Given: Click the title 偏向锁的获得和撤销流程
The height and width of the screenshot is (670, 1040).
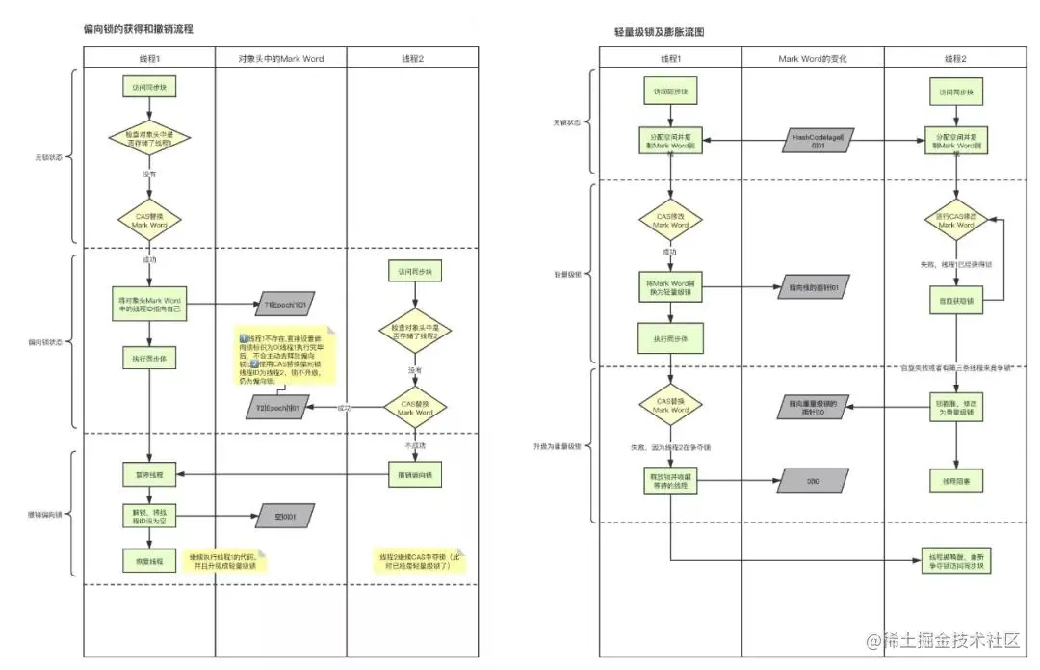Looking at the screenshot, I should coord(138,30).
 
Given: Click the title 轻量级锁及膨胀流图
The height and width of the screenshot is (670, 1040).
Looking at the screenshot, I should coord(660,32).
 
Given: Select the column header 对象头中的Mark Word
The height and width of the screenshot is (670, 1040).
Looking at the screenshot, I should coord(281,59).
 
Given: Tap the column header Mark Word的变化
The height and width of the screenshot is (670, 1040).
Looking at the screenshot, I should coord(813,59).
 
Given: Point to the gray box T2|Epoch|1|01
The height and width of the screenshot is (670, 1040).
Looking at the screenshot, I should coord(278,409).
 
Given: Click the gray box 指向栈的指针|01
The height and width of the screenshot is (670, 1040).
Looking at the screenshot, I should coord(814,287).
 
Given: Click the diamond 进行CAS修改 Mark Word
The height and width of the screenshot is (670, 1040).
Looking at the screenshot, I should coord(955,219).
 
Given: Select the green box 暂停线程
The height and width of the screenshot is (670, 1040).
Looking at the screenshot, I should coord(149,474).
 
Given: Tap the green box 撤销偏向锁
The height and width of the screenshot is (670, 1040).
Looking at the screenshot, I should coord(414,474).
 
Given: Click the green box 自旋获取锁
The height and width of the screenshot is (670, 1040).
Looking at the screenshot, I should coord(955,301).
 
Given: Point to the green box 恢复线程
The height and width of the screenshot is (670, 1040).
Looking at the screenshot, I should coord(149,560).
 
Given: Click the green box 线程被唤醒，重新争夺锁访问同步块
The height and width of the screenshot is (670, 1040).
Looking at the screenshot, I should coord(955,562).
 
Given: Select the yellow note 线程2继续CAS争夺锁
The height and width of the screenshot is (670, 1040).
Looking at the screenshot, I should coord(419,561).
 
